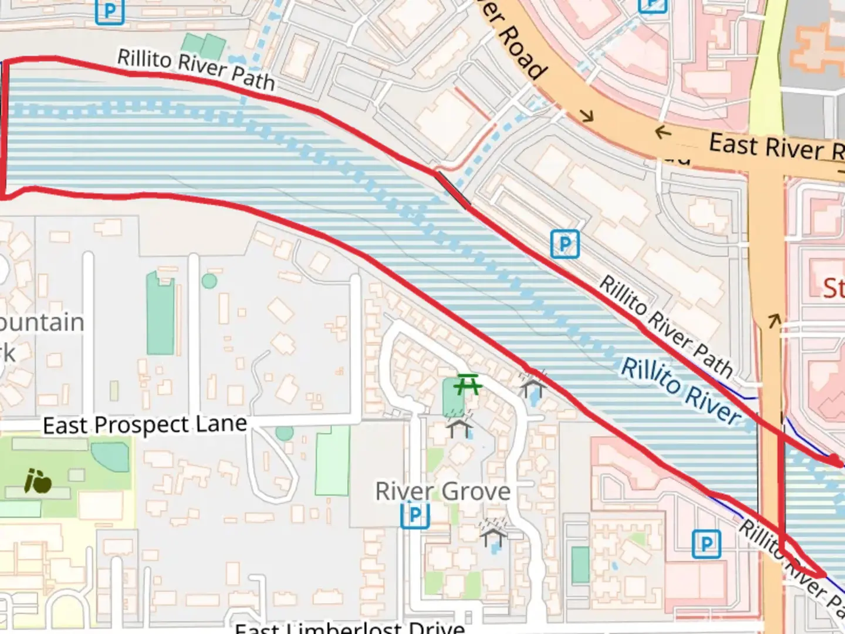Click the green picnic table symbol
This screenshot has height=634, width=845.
tap(468, 385)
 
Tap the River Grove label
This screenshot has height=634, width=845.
tap(443, 491)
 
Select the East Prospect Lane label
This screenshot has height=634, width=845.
tap(145, 424)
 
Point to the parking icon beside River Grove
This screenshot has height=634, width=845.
tap(415, 515)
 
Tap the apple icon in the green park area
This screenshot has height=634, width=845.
tap(38, 481)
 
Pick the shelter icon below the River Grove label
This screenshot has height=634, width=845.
tap(493, 533)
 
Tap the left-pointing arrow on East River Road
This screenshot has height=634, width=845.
tap(663, 133)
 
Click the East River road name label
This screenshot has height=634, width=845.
tap(775, 147)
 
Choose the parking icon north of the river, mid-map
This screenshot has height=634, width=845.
tap(565, 244)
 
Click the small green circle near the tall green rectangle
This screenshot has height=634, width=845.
tap(209, 281)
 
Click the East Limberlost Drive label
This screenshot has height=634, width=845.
tap(350, 628)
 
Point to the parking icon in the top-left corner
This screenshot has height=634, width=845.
tap(110, 12)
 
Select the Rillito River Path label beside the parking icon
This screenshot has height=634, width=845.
tap(666, 327)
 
